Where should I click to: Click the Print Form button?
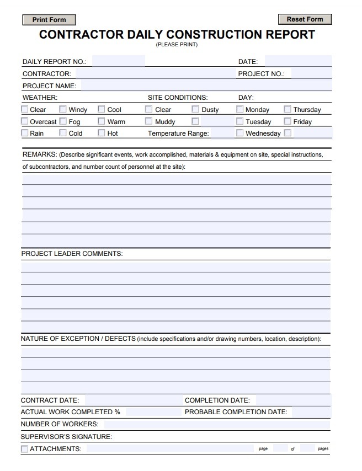49,20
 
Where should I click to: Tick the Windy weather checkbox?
63,109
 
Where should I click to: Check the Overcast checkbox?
25,121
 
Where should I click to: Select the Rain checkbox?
25,133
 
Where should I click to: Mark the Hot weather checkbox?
102,133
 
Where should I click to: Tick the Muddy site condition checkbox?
149,121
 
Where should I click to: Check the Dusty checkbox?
195,109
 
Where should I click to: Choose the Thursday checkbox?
288,109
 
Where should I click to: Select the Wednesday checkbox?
239,133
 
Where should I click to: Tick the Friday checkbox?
288,121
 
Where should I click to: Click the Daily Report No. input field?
118,61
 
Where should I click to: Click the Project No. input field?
311,73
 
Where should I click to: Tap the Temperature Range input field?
222,133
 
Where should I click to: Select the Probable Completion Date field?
311,412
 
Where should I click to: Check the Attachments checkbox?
24,449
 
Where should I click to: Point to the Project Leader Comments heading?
72,254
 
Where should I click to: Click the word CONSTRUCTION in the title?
215,35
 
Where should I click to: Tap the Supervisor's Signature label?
66,437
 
